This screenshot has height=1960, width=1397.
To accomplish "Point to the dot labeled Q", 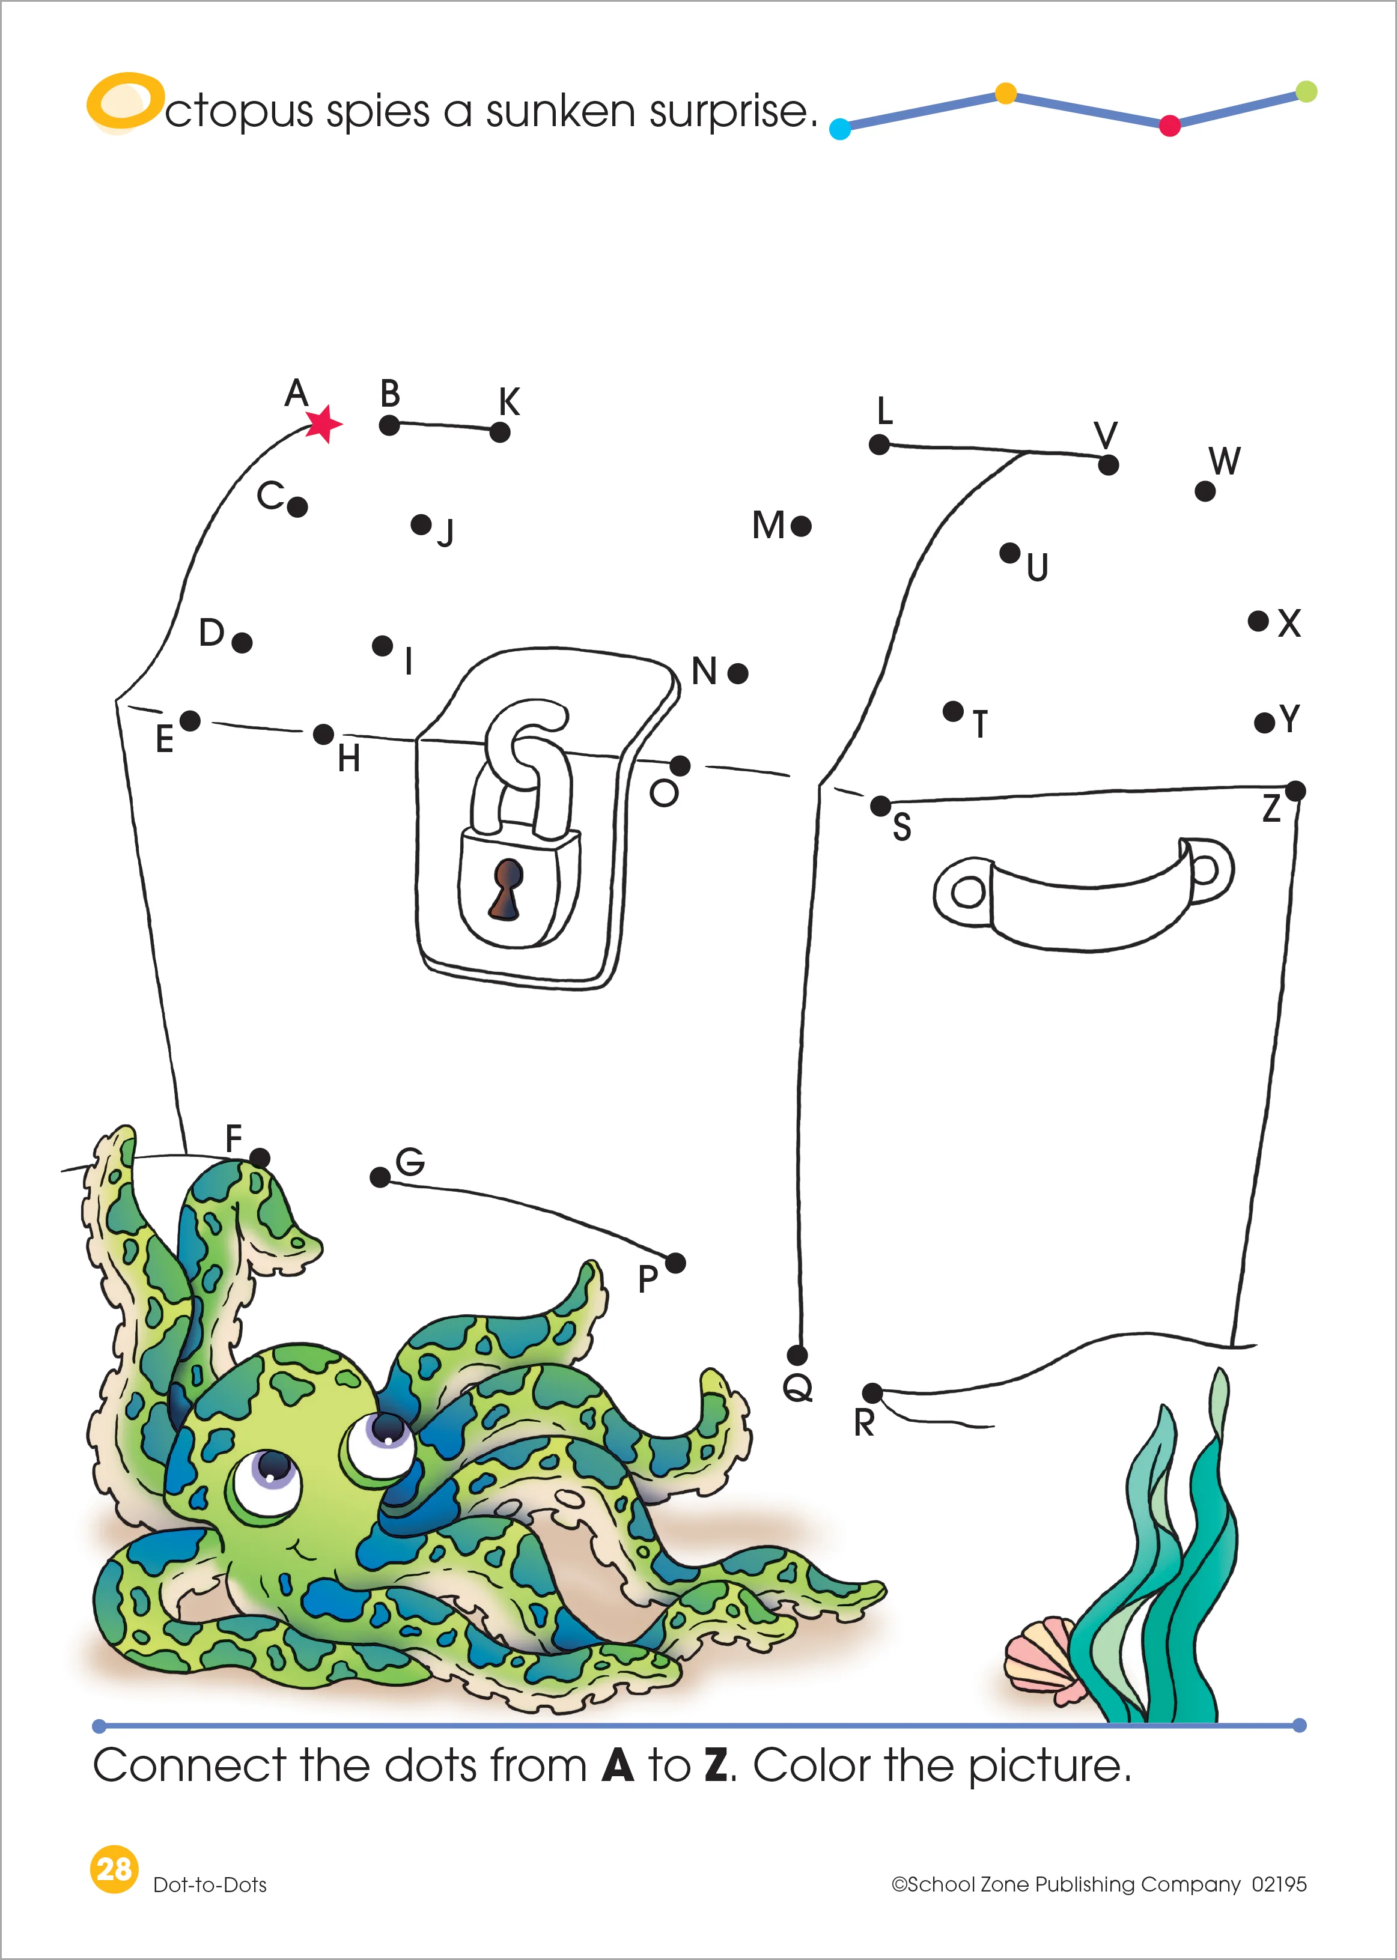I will coord(797,1355).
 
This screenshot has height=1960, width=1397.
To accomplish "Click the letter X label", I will coord(1289,623).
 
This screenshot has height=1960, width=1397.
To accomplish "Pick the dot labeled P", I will coord(675,1263).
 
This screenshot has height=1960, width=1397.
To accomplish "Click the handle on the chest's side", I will coord(1084,894).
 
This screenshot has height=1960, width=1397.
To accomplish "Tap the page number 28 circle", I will coord(114,1868).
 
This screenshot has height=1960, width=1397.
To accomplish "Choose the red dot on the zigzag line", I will coord(1169,126).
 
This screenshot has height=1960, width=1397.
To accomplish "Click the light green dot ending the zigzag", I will coord(1305,91).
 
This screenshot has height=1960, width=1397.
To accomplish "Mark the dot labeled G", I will coord(379,1177).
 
